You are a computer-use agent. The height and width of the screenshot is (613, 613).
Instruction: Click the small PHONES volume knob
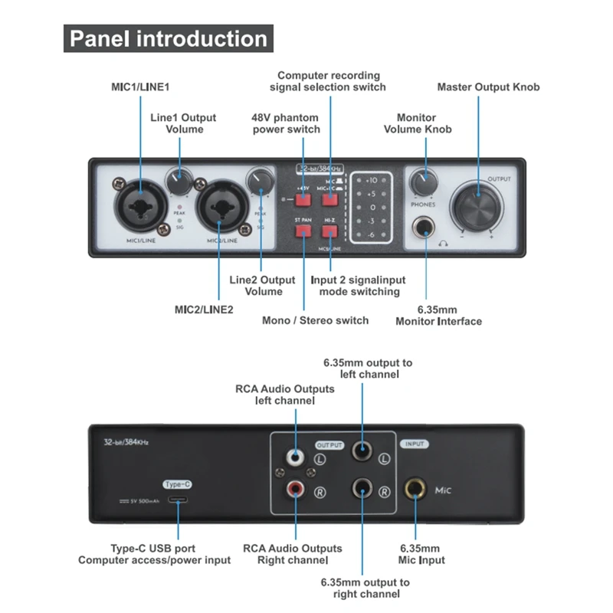tap(421, 183)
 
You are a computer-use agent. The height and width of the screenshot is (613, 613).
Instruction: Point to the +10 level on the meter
tap(372, 180)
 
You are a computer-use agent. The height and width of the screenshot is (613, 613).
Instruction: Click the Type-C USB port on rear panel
tap(177, 501)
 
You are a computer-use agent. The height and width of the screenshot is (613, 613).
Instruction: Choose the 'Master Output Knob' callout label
tap(488, 87)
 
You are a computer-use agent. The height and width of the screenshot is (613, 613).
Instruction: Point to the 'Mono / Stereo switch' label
tap(315, 320)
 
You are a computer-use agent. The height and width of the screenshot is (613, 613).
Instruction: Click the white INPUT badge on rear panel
tap(415, 444)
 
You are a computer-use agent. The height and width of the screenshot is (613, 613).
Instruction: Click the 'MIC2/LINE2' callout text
tap(204, 309)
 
